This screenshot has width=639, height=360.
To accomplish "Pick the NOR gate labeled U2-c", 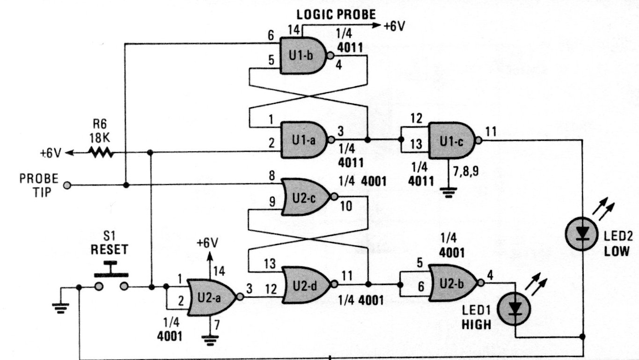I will [x=304, y=197].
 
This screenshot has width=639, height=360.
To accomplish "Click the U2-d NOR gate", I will [x=305, y=285].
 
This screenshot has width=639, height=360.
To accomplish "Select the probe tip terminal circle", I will [x=67, y=186].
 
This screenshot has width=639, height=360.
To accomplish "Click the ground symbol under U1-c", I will [x=449, y=192].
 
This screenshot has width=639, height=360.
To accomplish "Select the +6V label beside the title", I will [x=394, y=26].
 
